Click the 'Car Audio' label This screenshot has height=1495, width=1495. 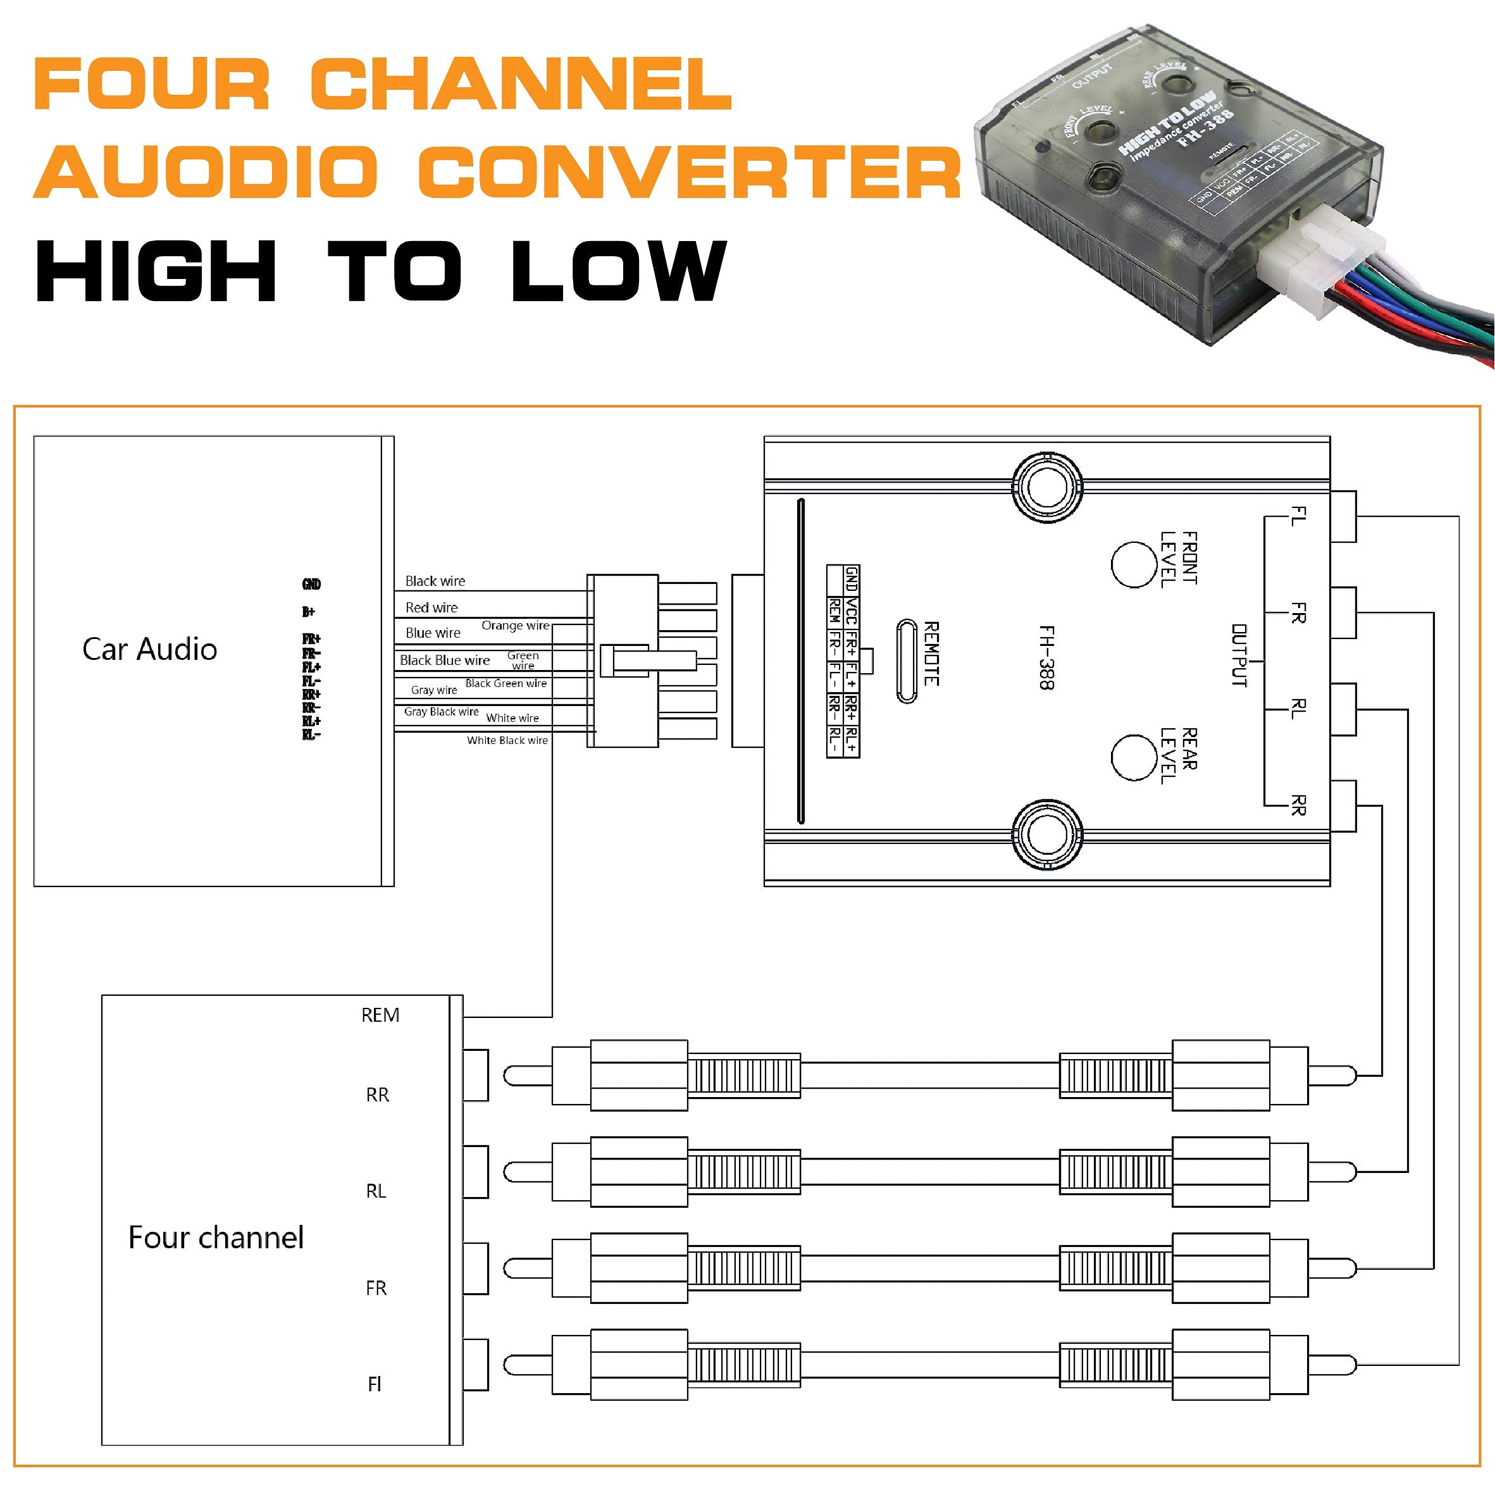[149, 649]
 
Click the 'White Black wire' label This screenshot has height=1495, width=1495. [507, 740]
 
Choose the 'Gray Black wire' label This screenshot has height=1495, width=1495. [441, 712]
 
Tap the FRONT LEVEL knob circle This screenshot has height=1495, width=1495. [1134, 565]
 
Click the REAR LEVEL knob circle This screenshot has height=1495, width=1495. [1134, 757]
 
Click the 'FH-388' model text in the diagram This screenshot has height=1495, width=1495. [1046, 657]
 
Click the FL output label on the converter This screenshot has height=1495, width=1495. [1298, 516]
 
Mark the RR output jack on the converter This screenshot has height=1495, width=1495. [1344, 806]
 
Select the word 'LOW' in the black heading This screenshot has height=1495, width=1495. [618, 271]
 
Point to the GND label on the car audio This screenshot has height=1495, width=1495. [311, 584]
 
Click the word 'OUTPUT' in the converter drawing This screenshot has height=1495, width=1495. [1239, 655]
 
